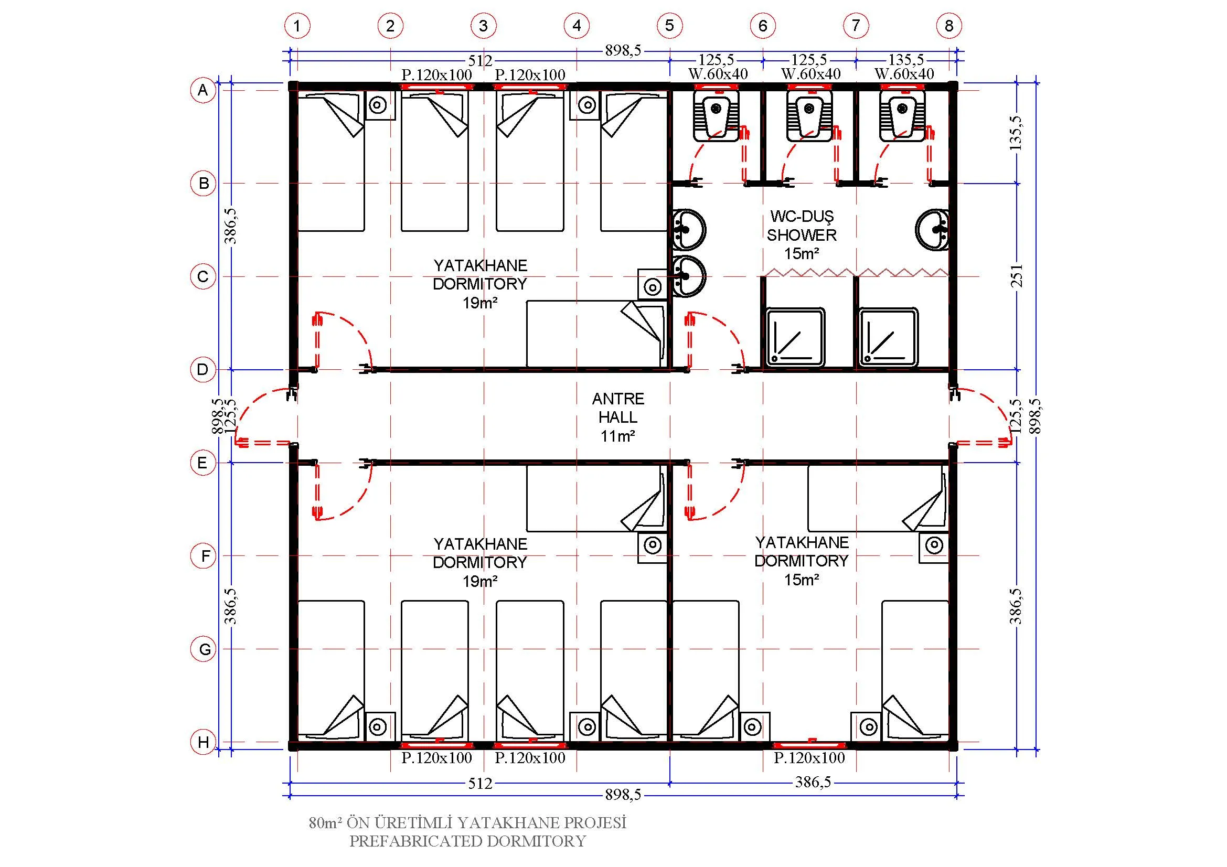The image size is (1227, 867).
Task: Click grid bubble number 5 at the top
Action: [669, 25]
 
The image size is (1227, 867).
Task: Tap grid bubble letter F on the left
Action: [204, 556]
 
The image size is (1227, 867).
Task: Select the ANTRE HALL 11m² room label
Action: [618, 418]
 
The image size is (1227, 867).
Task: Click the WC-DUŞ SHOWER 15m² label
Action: [802, 234]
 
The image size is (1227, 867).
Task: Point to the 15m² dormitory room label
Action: [802, 561]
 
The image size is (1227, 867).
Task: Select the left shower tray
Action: [795, 337]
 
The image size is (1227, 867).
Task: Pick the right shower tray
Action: [889, 337]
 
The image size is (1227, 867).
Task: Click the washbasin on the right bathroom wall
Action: [933, 230]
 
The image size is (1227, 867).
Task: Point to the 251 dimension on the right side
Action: [1017, 276]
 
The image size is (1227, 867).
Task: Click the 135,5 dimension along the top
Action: [906, 59]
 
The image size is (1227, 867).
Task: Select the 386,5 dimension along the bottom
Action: [813, 782]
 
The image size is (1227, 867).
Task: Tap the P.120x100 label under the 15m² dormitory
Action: [809, 757]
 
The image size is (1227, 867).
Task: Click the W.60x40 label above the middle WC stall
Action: [810, 74]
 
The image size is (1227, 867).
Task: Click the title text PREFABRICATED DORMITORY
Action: [467, 841]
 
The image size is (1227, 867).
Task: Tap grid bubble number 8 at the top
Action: [949, 25]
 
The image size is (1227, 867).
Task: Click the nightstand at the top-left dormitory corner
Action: [380, 105]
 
